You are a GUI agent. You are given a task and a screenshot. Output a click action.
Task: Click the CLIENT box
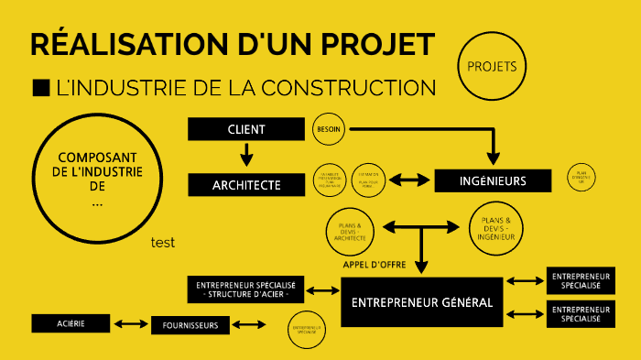click(x=245, y=129)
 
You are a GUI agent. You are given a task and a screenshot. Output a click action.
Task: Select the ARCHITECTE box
click(x=245, y=184)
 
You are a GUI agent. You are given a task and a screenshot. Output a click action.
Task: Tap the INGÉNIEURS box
click(x=493, y=180)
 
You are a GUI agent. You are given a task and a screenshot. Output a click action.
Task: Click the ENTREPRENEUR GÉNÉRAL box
click(x=422, y=301)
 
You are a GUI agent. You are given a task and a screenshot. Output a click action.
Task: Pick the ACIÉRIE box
click(x=71, y=323)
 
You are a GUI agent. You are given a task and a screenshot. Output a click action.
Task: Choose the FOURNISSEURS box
click(x=190, y=325)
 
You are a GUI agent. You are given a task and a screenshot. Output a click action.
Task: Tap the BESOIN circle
click(x=328, y=130)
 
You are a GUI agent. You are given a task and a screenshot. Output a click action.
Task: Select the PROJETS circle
click(x=492, y=67)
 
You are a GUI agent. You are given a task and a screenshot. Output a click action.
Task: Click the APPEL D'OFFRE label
click(x=374, y=265)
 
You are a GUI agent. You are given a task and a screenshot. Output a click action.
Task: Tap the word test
click(x=163, y=243)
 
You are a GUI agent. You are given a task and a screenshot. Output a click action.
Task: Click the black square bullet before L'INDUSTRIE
click(x=40, y=88)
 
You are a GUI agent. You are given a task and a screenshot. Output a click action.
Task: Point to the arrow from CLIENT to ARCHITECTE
click(x=245, y=156)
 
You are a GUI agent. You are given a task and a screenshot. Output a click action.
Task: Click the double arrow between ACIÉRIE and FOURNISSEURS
click(x=131, y=323)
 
